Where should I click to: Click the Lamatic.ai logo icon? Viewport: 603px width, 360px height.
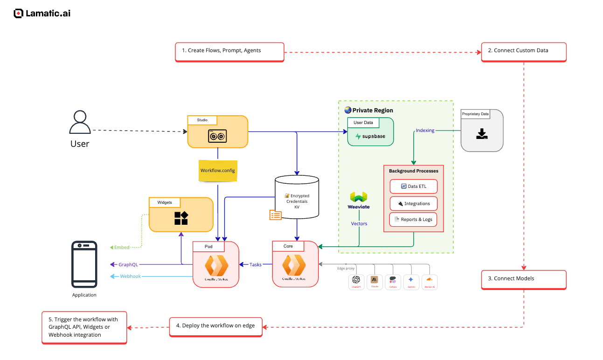click(18, 14)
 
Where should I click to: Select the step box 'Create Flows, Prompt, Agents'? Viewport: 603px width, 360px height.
click(229, 51)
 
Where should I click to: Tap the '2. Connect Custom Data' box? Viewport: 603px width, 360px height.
click(523, 51)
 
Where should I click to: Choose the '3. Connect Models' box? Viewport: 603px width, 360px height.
click(523, 279)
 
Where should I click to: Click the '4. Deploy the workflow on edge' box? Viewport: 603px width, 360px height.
click(215, 326)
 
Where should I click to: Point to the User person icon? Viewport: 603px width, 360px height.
click(80, 123)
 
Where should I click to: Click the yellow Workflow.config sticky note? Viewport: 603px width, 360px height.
click(218, 171)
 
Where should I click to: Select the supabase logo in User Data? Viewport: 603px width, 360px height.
click(371, 137)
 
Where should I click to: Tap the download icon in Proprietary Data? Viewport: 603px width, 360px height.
click(482, 134)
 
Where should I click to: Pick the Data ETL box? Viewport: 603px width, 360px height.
click(414, 187)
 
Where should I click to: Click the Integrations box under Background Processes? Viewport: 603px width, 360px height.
click(414, 204)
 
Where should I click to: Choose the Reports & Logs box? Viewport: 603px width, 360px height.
click(414, 220)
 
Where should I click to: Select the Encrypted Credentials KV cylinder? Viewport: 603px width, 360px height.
click(297, 197)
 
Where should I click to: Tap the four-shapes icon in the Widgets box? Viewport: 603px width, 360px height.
click(181, 218)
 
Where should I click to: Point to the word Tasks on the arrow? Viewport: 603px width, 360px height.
click(256, 265)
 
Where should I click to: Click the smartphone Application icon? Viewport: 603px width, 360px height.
click(84, 264)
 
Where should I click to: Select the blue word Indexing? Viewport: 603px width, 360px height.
click(425, 131)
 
